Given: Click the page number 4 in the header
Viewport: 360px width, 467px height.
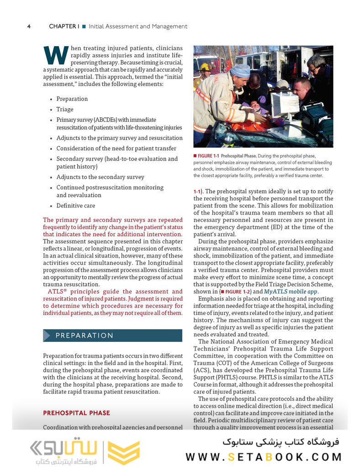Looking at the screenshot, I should tap(29, 26).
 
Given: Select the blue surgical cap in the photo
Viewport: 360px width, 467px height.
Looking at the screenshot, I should tap(240, 71).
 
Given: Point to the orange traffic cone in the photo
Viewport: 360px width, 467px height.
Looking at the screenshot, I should tap(295, 70).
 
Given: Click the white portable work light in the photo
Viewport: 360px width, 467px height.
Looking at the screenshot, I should tap(284, 105).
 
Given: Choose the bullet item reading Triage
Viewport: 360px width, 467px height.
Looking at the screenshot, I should tap(64, 110).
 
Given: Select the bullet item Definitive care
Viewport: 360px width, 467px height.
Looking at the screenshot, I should tap(75, 206).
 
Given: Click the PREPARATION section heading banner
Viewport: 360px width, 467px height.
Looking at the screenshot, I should tap(112, 336).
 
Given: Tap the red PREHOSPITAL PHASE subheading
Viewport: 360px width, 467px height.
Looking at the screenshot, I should tap(76, 413).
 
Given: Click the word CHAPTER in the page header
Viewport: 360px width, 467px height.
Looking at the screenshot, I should tap(63, 26).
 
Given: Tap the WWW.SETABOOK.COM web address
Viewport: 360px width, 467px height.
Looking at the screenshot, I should tap(264, 457).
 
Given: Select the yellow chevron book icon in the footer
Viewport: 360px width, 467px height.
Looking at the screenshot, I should tap(124, 452).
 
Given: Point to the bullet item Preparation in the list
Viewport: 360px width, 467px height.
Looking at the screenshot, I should tap(72, 99).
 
